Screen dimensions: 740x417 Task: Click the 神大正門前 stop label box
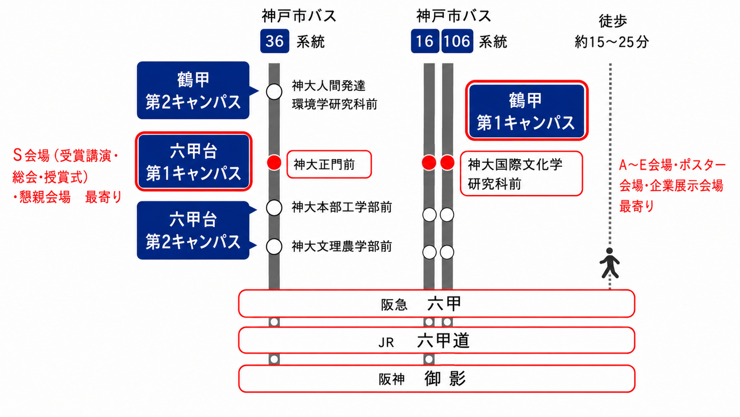coord(329,164)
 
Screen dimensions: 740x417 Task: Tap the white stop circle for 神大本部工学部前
coord(274,208)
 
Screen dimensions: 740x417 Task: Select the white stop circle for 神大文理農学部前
coord(274,246)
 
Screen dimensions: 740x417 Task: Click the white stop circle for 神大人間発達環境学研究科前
coord(274,92)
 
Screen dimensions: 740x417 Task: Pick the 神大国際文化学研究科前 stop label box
coord(521,173)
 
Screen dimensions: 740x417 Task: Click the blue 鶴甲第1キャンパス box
coord(526,110)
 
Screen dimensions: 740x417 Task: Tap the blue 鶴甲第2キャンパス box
coord(193,90)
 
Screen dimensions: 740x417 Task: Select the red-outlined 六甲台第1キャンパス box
coord(194,161)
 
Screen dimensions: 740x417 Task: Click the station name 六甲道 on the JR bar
coord(443,341)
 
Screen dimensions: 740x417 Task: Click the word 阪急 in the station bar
coord(394,305)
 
